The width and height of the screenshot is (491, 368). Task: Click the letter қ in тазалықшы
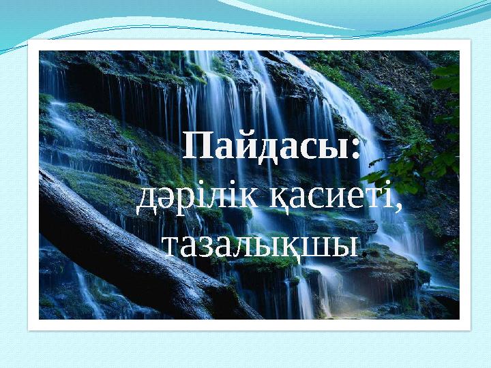point(300,246)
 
